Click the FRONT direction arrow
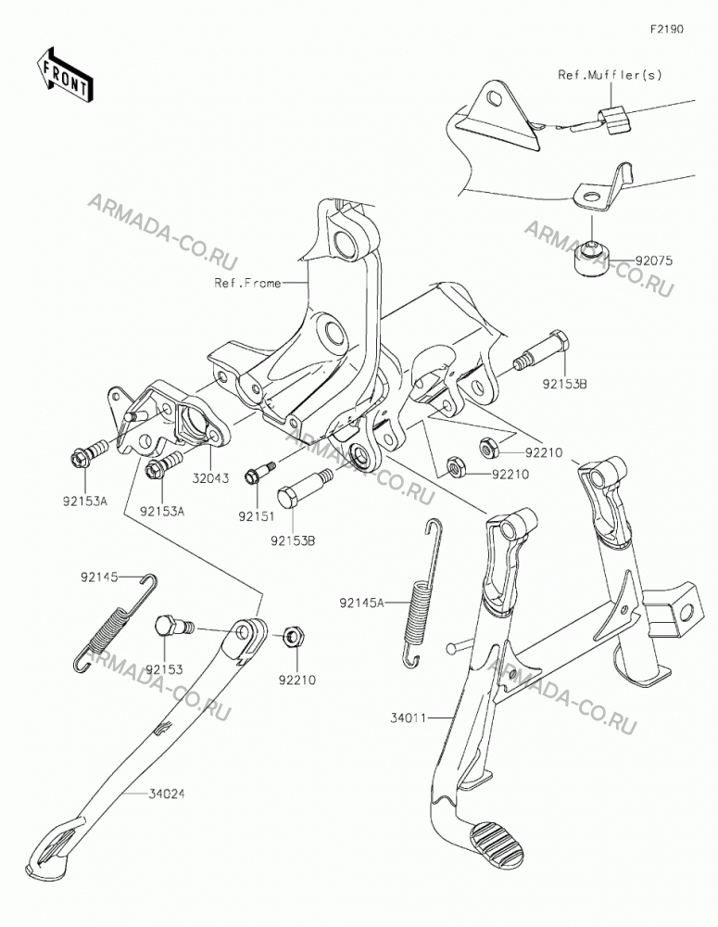(x=65, y=74)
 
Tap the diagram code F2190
(x=667, y=29)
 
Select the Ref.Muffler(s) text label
(x=610, y=75)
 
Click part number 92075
(x=654, y=260)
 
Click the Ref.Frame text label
(x=247, y=283)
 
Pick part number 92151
(x=257, y=516)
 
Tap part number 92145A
(x=361, y=603)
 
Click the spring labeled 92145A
(x=419, y=593)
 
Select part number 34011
(x=408, y=719)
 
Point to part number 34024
(x=166, y=794)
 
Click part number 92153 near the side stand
(x=165, y=670)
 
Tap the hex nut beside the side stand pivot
(x=294, y=637)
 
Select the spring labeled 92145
(x=115, y=624)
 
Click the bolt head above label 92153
(x=166, y=626)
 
